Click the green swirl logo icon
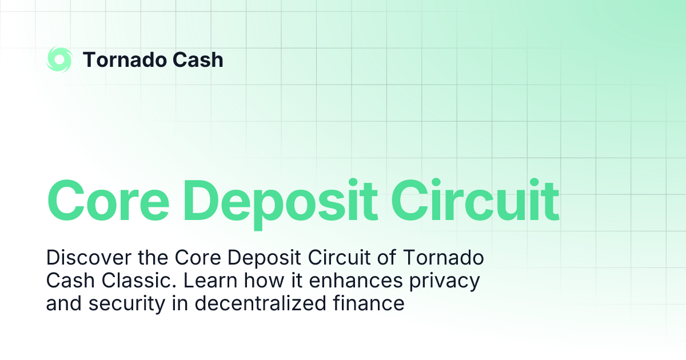point(59,59)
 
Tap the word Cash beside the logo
point(200,59)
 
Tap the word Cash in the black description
point(66,281)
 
